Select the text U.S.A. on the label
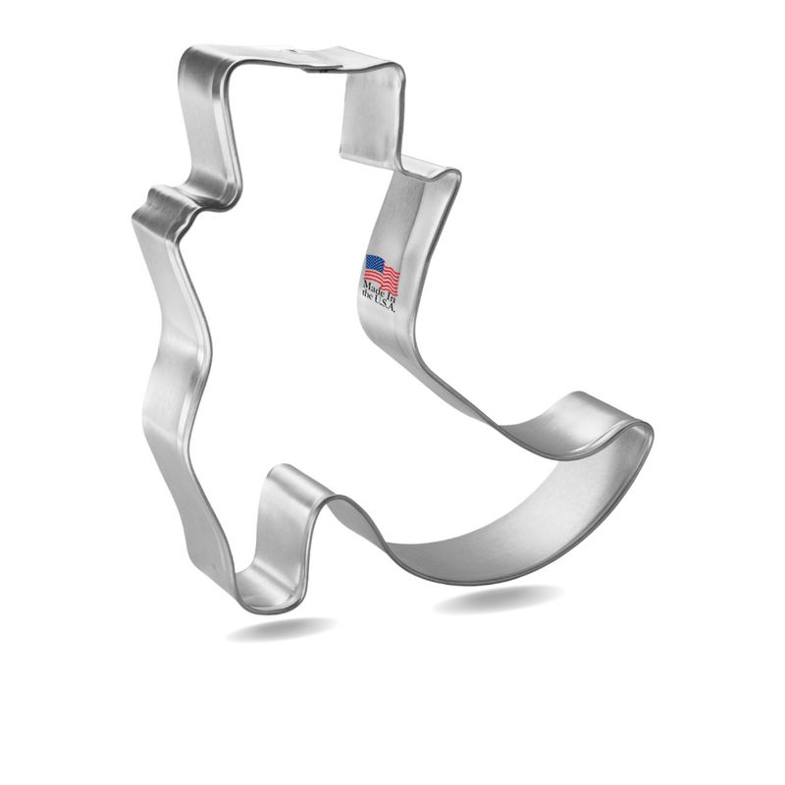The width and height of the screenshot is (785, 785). click(385, 303)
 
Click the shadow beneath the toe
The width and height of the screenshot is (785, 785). click(500, 597)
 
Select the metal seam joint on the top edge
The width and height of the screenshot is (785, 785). click(316, 66)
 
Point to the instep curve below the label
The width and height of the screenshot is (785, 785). click(442, 383)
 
